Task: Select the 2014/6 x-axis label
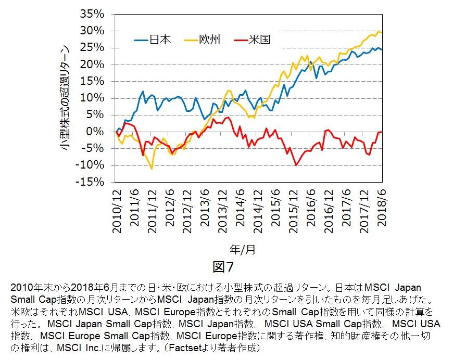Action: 240,211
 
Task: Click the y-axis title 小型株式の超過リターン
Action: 65,98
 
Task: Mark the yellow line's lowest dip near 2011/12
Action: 152,169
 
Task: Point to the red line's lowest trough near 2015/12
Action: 296,165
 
